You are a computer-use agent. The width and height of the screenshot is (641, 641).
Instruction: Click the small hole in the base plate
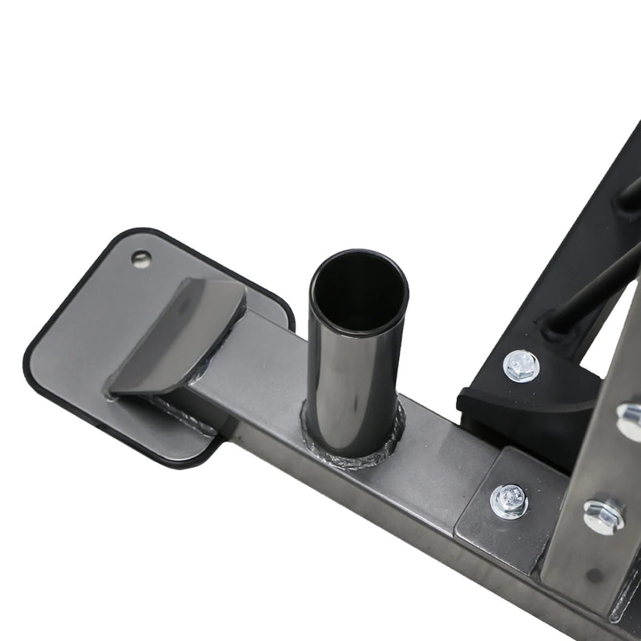142,258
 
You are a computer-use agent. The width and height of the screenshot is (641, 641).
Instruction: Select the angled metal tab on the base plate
178,337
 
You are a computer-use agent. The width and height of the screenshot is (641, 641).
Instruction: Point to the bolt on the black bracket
521,365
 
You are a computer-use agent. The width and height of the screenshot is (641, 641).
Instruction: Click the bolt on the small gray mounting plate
509,501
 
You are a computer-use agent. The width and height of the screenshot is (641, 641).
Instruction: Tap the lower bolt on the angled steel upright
603,515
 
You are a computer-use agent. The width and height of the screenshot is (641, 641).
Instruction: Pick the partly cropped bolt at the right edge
630,421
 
